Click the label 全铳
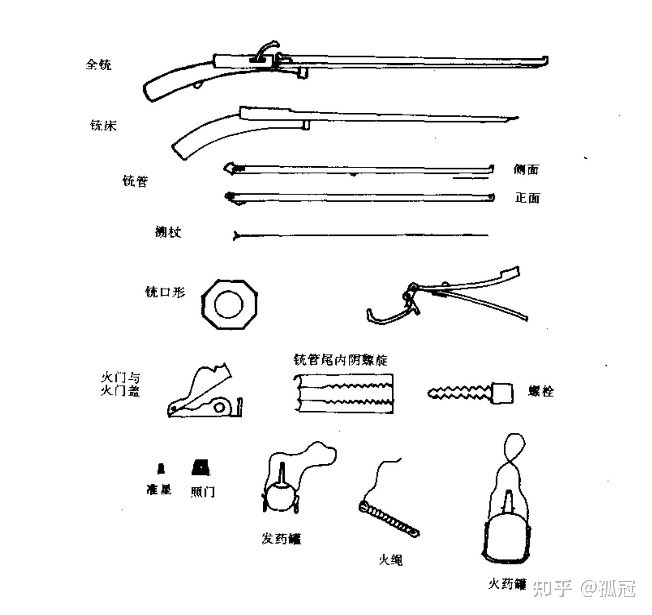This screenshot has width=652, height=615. [98, 65]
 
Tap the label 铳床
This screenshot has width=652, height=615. [103, 125]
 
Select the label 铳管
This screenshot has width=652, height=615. [135, 181]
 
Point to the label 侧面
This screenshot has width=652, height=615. [526, 169]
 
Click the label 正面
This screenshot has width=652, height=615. [527, 198]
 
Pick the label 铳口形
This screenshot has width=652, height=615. [165, 292]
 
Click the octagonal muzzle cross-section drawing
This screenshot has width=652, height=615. [229, 305]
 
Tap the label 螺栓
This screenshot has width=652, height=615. [541, 391]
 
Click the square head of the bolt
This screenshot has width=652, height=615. [503, 393]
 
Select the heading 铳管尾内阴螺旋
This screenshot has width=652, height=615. [340, 360]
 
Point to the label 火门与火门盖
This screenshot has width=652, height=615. [120, 384]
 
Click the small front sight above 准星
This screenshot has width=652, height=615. [161, 468]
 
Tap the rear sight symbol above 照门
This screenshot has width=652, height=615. [201, 468]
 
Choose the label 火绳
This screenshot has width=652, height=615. [390, 560]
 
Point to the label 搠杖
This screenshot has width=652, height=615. [168, 232]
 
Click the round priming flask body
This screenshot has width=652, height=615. [279, 497]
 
